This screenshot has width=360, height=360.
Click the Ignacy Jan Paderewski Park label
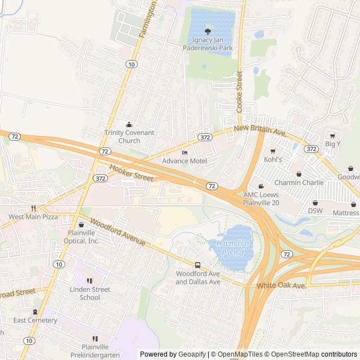point(208,44)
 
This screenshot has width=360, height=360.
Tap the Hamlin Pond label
point(231,248)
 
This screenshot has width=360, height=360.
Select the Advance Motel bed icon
point(184,152)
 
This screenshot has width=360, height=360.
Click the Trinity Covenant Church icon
point(129,124)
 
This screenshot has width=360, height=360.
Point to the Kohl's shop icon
point(273,151)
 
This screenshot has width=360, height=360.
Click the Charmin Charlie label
point(299,182)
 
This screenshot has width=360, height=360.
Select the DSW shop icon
point(314,202)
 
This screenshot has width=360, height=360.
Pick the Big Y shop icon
point(332,136)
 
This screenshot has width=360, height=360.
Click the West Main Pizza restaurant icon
point(33,208)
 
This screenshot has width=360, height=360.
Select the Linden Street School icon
point(89,281)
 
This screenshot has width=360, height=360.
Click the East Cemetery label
point(35,320)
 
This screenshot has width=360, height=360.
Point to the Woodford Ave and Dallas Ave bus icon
point(197,265)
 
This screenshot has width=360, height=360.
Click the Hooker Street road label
point(132,173)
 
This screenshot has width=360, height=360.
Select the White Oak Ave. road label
point(282,286)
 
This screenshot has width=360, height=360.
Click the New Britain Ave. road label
point(260,130)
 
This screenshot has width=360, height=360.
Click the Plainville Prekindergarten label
point(94,350)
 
